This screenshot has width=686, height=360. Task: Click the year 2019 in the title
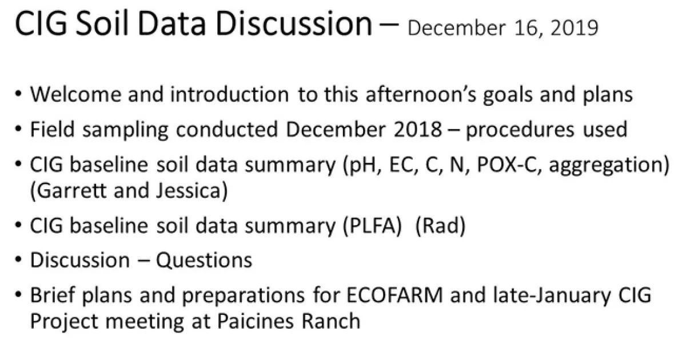coord(574,28)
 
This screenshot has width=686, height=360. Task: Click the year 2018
coord(417,129)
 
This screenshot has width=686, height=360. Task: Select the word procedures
coord(520,130)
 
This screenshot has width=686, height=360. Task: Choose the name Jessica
coord(188,190)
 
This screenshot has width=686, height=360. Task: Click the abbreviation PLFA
coord(372,226)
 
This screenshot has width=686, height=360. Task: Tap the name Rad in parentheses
coord(440,226)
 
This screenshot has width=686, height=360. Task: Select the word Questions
coord(204,261)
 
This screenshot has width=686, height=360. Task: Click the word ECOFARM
coord(395,295)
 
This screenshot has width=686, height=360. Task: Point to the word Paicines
coord(256,321)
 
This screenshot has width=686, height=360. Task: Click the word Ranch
coord(331,321)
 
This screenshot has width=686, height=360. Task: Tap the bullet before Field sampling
coord(18,130)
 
